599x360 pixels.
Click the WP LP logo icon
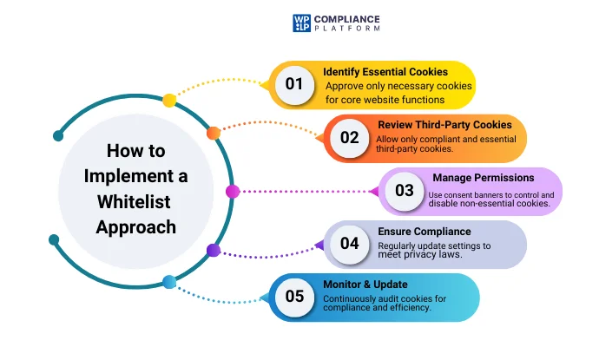pos(301,23)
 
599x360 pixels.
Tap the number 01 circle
pos(295,84)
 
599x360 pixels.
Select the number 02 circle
pos(350,137)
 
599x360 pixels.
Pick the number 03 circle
pos(405,190)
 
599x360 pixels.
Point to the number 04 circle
pos(350,243)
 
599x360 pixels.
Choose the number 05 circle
pos(295,296)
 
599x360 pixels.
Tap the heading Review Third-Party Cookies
pos(444,125)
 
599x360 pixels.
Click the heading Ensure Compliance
pos(425,232)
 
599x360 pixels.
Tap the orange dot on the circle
pos(213,134)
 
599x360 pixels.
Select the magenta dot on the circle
pos(232,191)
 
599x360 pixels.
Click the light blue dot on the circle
pos(169,282)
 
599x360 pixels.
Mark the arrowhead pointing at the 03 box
pos(376,191)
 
